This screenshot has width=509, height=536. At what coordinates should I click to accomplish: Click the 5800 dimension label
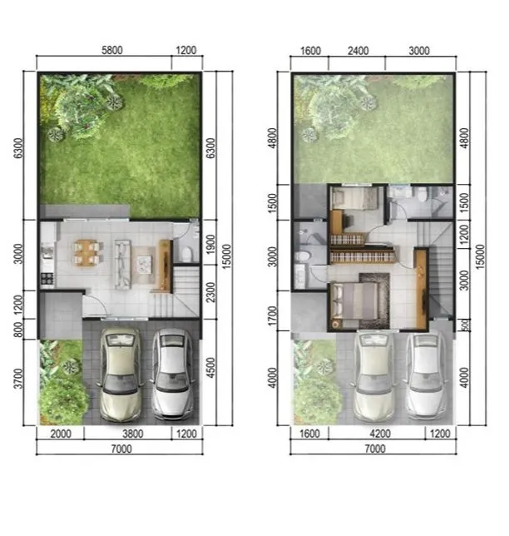[x=112, y=50]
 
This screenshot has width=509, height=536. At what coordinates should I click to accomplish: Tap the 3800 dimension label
[x=133, y=434]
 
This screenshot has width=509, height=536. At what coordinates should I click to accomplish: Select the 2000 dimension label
[x=61, y=434]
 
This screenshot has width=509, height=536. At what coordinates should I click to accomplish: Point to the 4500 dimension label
[x=211, y=368]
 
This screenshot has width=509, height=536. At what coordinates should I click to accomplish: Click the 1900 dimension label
[x=211, y=244]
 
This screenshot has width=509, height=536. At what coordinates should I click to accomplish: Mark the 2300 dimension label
[x=211, y=292]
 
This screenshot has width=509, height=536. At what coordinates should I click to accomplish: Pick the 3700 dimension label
[x=18, y=379]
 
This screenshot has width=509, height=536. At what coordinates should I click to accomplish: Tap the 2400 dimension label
[x=358, y=51]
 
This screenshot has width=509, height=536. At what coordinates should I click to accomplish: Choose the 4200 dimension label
[x=380, y=434]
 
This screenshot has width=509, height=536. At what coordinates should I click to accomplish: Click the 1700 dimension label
[x=272, y=316]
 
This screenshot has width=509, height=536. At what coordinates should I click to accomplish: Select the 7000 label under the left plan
[x=121, y=449]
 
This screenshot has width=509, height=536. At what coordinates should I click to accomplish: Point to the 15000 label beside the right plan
[x=480, y=256]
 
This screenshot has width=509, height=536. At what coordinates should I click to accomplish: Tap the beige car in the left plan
[x=120, y=375]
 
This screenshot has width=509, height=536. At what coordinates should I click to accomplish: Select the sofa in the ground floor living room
[x=122, y=264]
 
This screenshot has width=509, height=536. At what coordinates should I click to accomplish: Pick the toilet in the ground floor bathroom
[x=186, y=254]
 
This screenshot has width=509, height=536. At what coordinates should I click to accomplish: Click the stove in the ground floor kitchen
[x=47, y=280]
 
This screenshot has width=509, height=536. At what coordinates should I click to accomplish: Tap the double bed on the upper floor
[x=353, y=301]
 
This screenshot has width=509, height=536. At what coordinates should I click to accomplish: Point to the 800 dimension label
[x=18, y=329]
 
